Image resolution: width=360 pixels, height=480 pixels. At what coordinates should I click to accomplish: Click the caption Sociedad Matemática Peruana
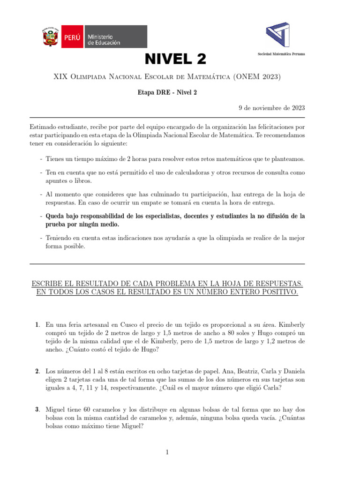[x=281, y=54]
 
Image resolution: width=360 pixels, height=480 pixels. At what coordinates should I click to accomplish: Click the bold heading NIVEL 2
[x=175, y=59]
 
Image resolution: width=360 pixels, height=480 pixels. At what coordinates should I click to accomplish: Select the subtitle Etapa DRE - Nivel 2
[x=167, y=93]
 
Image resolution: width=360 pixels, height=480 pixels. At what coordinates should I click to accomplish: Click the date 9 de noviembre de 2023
[x=272, y=107]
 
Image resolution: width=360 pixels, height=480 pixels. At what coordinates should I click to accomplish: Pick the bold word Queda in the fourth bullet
[x=55, y=217]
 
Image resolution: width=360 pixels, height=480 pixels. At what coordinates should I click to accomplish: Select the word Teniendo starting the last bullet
[x=60, y=238]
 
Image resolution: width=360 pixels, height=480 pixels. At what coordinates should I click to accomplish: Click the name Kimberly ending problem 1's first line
[x=290, y=324]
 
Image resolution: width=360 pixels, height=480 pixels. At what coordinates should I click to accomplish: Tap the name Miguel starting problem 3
[x=56, y=410]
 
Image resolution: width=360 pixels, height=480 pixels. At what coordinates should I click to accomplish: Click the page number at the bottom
[x=166, y=452]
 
